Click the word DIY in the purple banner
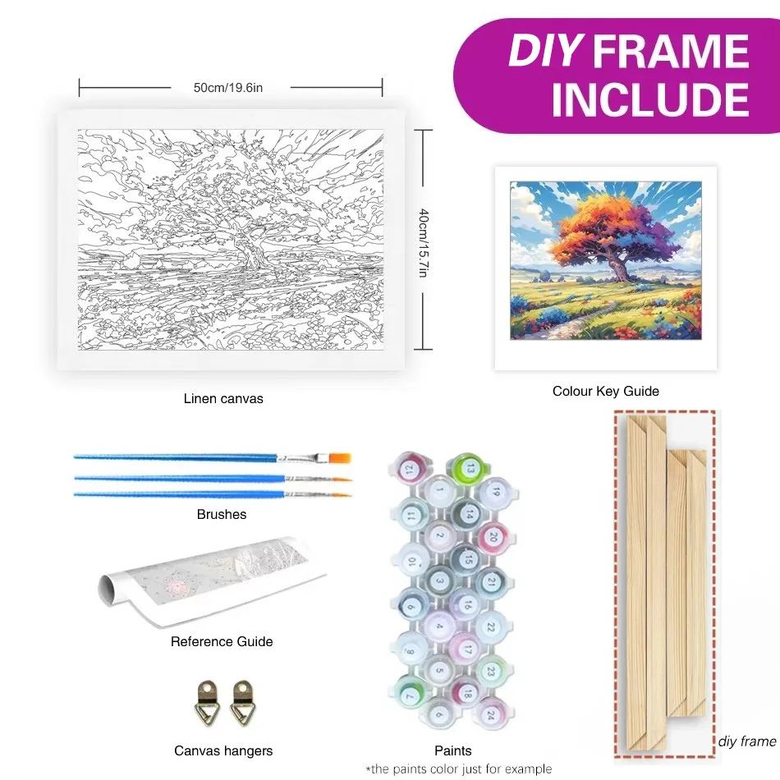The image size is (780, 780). [x=544, y=51]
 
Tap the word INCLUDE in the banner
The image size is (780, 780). [x=650, y=99]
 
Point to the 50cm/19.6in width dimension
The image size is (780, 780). [x=227, y=88]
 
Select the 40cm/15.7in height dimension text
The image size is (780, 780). [x=424, y=243]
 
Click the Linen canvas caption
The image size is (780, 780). [x=223, y=398]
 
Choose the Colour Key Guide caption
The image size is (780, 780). [x=605, y=391]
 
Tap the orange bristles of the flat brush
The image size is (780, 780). [x=340, y=457]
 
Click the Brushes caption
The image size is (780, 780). [x=222, y=514]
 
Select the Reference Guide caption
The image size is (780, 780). [x=222, y=641]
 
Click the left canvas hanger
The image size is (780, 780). [x=207, y=703]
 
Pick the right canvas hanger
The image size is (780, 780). [x=243, y=703]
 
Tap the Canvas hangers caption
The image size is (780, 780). [x=223, y=750]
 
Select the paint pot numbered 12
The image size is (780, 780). [x=411, y=468]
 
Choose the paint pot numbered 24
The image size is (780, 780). [x=491, y=713]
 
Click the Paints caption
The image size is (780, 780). [x=452, y=750]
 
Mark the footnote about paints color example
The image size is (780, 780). [x=459, y=769]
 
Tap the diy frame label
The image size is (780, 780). [x=747, y=741]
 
